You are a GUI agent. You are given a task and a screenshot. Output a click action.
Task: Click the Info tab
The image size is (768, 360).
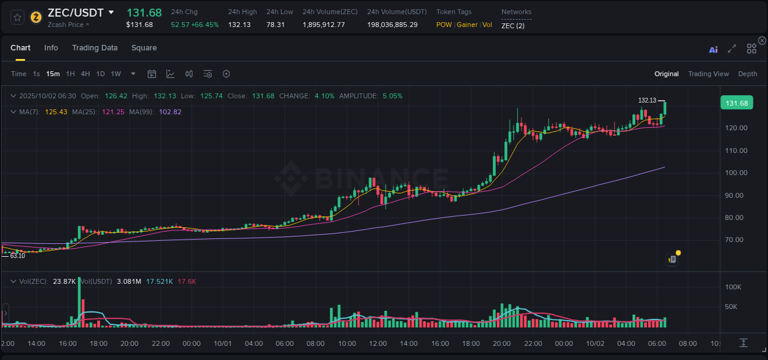click(x=51, y=48)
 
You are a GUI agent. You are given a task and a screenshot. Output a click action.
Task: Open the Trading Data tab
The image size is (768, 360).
click(x=95, y=48)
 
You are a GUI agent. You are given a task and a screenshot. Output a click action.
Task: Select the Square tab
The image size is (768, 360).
click(x=144, y=48)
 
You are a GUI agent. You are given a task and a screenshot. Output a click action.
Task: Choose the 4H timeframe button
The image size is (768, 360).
click(x=85, y=74)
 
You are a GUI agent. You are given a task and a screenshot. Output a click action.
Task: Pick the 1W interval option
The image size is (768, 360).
click(x=116, y=74)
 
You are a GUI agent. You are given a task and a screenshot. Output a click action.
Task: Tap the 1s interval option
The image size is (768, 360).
click(x=36, y=74)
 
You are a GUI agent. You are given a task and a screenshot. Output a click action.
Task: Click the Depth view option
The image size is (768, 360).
click(x=748, y=74)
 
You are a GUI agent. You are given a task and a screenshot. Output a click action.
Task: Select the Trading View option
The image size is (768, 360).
click(x=708, y=74)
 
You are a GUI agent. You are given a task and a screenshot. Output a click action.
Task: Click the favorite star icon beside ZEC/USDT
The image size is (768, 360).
click(x=18, y=17)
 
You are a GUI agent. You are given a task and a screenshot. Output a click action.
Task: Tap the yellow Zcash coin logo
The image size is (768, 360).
click(x=36, y=17)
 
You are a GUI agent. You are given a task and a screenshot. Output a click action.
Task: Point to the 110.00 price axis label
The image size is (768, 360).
click(x=735, y=151)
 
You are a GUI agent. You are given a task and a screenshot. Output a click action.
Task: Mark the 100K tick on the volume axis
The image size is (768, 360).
click(x=734, y=287)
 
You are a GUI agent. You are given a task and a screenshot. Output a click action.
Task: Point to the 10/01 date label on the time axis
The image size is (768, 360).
click(x=222, y=343)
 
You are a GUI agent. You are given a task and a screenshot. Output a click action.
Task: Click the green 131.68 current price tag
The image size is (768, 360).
click(x=736, y=103)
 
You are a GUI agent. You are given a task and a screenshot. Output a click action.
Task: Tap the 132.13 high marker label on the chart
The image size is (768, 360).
click(x=647, y=100)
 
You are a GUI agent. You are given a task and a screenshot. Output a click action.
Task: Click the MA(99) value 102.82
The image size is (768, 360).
click(x=170, y=112)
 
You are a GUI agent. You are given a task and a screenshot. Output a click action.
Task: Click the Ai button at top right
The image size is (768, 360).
click(x=713, y=50)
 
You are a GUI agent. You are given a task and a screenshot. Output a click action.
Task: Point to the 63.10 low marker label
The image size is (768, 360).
click(x=17, y=256)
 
